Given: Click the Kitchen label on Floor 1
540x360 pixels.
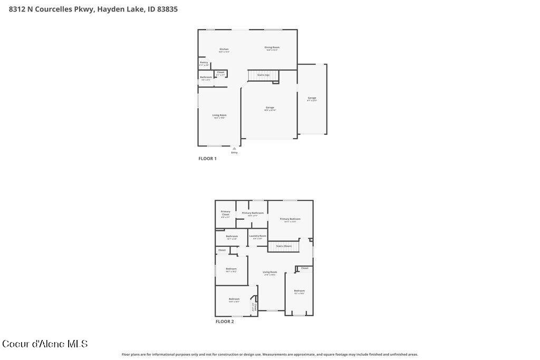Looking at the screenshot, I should click(x=224, y=50).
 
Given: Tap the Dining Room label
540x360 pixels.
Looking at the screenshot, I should click(x=272, y=47).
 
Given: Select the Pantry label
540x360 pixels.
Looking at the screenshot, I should click(x=204, y=63).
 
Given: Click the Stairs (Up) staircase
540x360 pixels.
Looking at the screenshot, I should click(x=263, y=75).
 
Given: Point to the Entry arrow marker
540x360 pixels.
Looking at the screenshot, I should click(x=234, y=149).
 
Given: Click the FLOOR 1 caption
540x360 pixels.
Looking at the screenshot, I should click(x=207, y=159).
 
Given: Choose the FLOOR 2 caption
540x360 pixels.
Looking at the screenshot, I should click(x=225, y=322).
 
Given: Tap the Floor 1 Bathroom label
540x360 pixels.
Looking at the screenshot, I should click(x=206, y=77).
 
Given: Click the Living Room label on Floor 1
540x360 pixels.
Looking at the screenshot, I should click(x=219, y=115).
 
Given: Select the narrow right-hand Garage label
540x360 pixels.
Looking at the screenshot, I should click(x=312, y=98).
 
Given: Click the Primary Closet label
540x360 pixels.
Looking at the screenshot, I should click(x=226, y=213).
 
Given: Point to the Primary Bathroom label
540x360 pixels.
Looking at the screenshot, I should click(x=253, y=213).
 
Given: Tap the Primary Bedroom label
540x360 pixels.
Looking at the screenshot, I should click(x=290, y=219).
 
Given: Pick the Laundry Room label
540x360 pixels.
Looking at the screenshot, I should click(x=258, y=236).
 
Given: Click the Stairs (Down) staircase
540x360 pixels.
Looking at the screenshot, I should click(x=284, y=246).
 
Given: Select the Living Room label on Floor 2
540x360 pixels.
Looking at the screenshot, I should click(x=270, y=273).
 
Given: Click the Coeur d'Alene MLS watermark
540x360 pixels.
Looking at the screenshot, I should click(x=45, y=344).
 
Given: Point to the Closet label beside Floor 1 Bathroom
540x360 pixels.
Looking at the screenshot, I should click(x=220, y=73).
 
